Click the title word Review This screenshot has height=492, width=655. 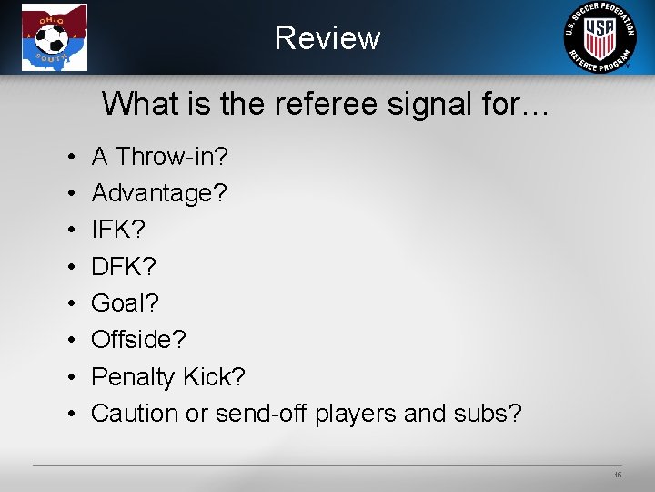(x=327, y=38)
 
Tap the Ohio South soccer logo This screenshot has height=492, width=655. (x=55, y=37)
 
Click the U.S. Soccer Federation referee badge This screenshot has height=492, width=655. (x=600, y=37)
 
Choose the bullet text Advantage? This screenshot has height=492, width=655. (x=159, y=193)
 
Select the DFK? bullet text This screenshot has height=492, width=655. (x=125, y=266)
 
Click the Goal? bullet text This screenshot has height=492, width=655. (x=126, y=302)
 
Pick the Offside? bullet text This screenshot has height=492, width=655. (x=138, y=340)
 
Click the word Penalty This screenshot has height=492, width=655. (x=133, y=376)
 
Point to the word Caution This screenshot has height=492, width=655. (x=135, y=413)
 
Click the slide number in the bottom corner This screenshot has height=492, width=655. (x=618, y=475)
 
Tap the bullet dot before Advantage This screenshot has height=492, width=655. (x=71, y=194)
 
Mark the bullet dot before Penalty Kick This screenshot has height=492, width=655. (x=71, y=377)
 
